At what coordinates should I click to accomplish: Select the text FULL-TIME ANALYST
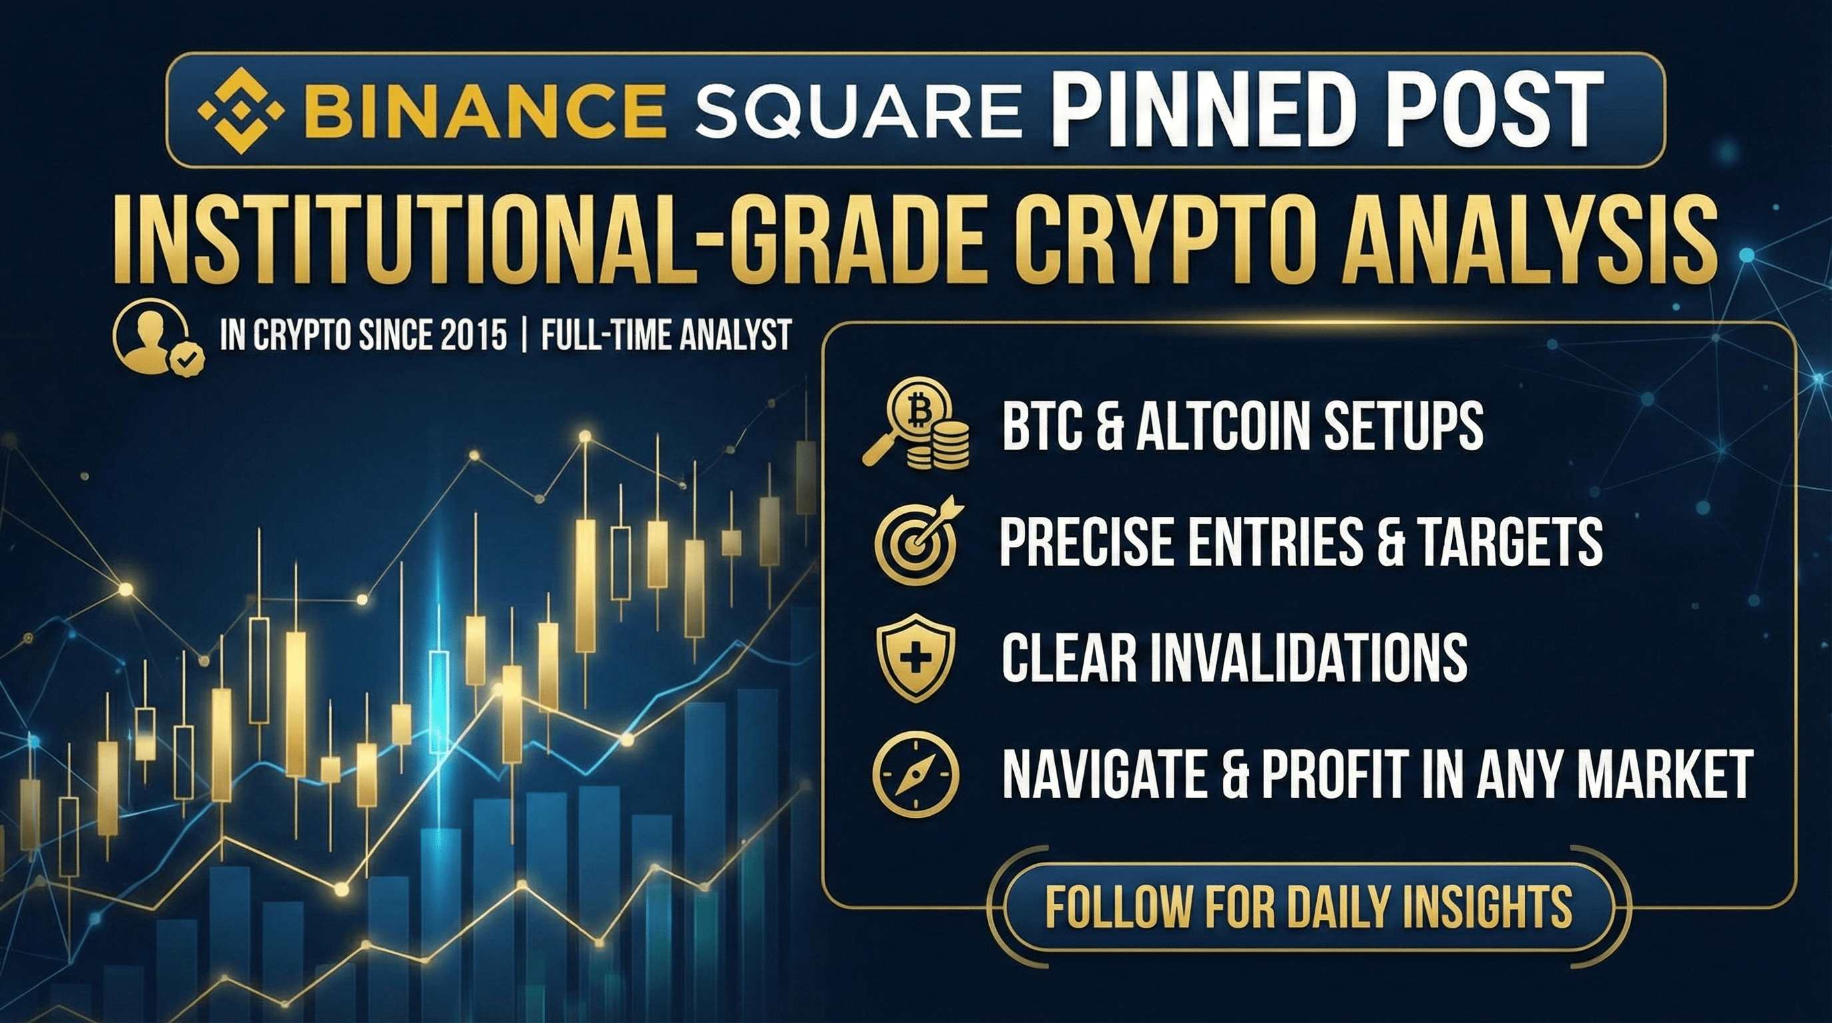(x=666, y=334)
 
